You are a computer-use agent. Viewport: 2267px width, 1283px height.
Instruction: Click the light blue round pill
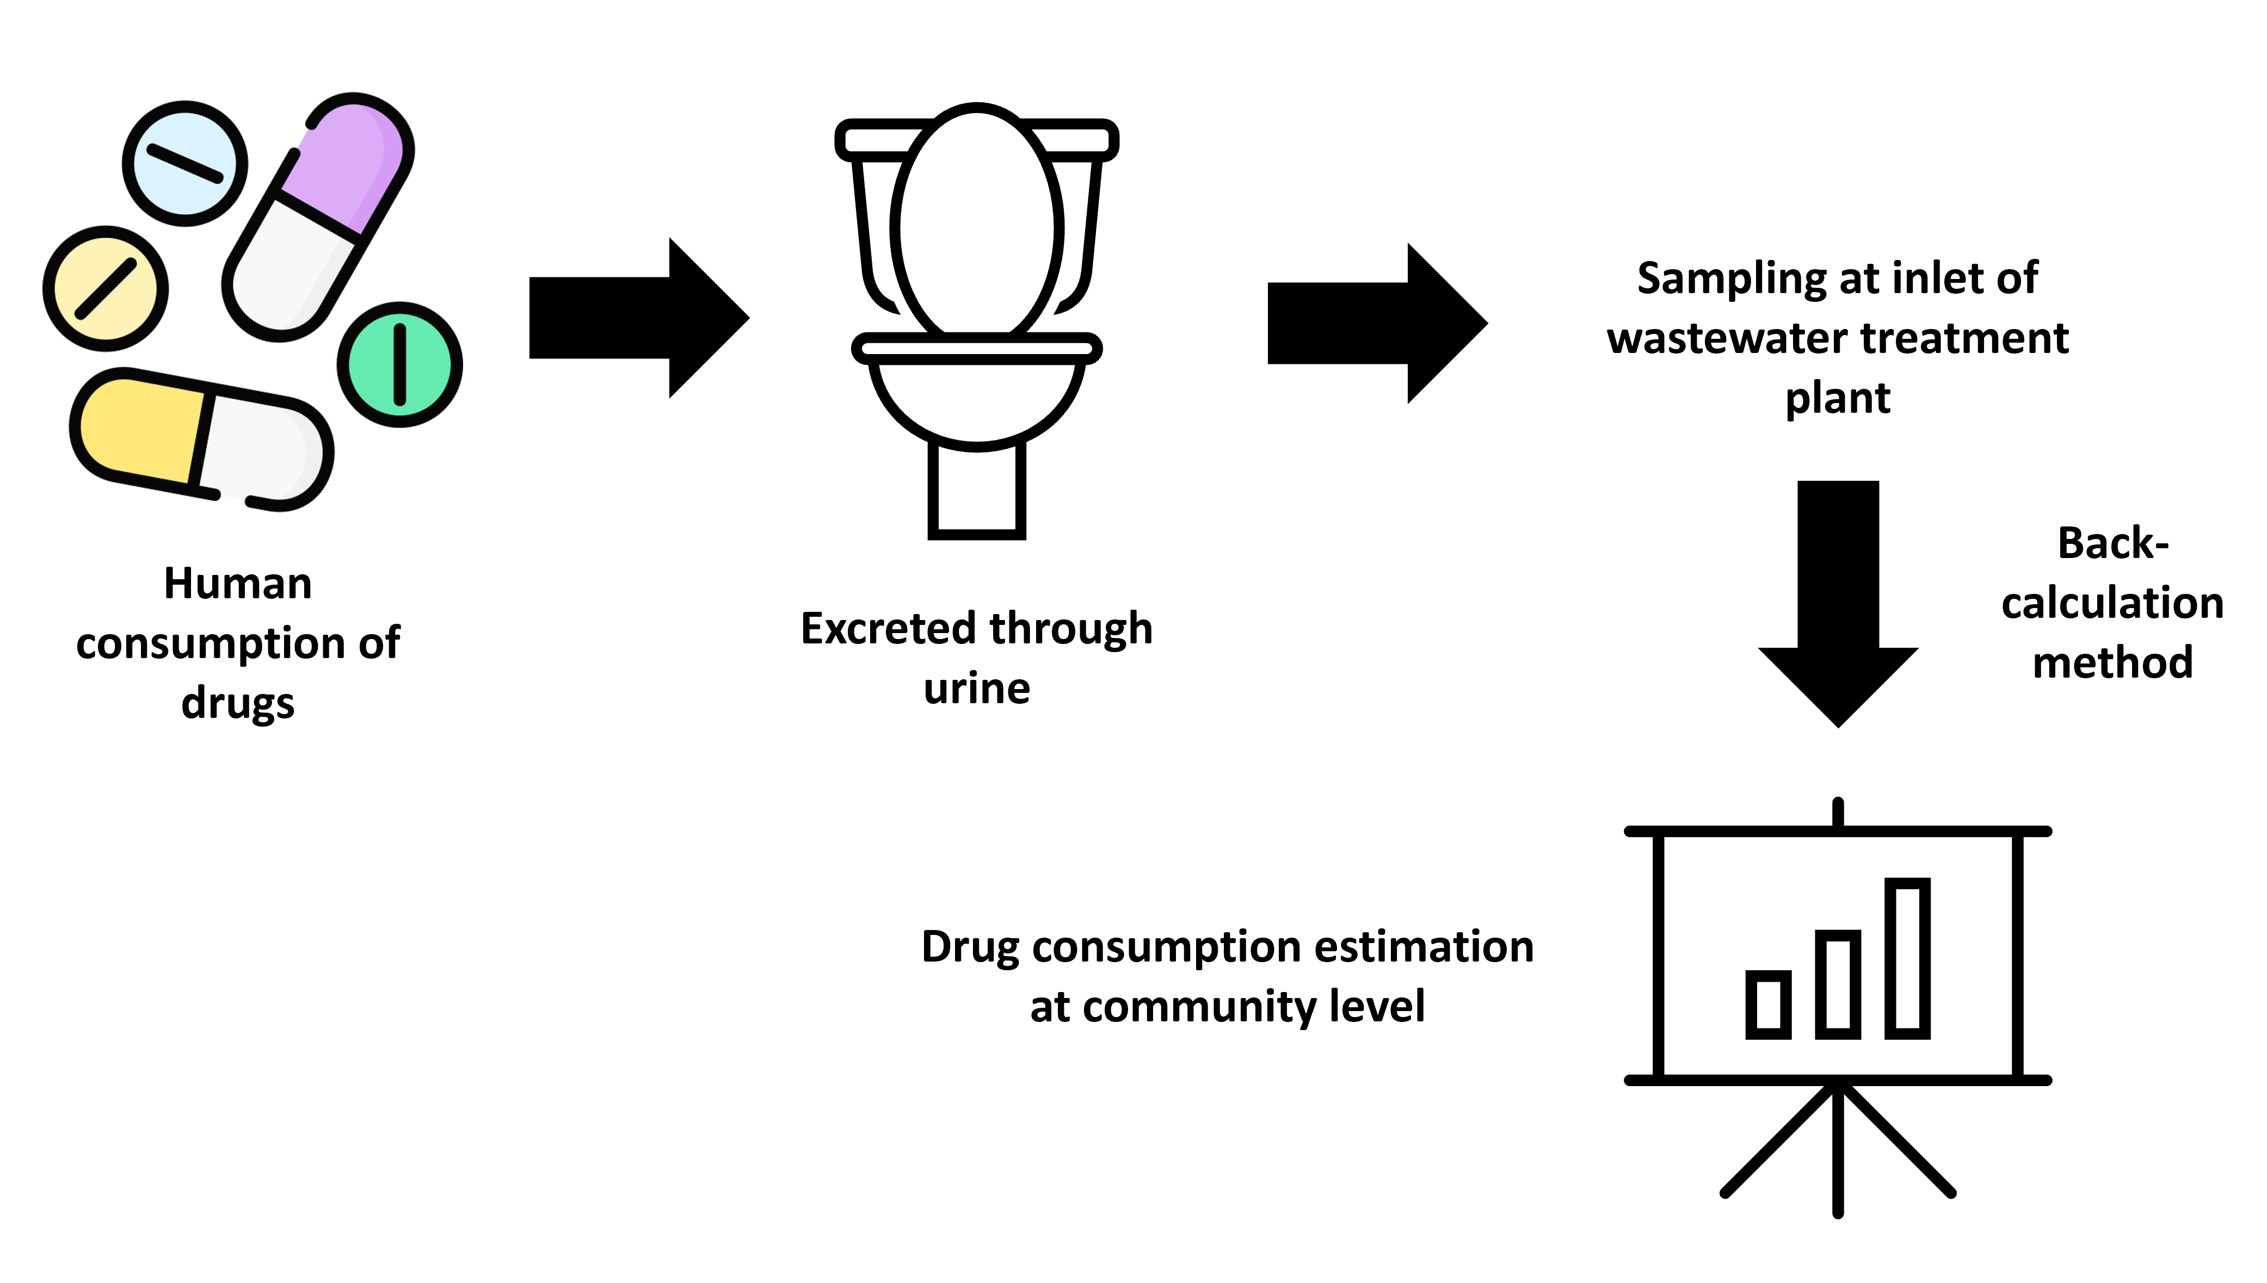[184, 164]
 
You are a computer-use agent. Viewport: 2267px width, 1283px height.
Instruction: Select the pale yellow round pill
[106, 288]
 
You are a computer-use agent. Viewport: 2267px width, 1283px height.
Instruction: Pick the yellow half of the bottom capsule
[141, 428]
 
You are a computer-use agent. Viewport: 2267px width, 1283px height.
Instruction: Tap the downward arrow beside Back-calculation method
[1838, 608]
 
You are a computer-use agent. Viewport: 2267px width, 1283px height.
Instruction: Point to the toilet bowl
[977, 396]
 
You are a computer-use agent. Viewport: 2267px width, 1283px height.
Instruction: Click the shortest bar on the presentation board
[1768, 1005]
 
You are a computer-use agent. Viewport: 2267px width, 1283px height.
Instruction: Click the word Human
[238, 584]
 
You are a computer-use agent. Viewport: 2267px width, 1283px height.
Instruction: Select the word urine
[977, 688]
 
